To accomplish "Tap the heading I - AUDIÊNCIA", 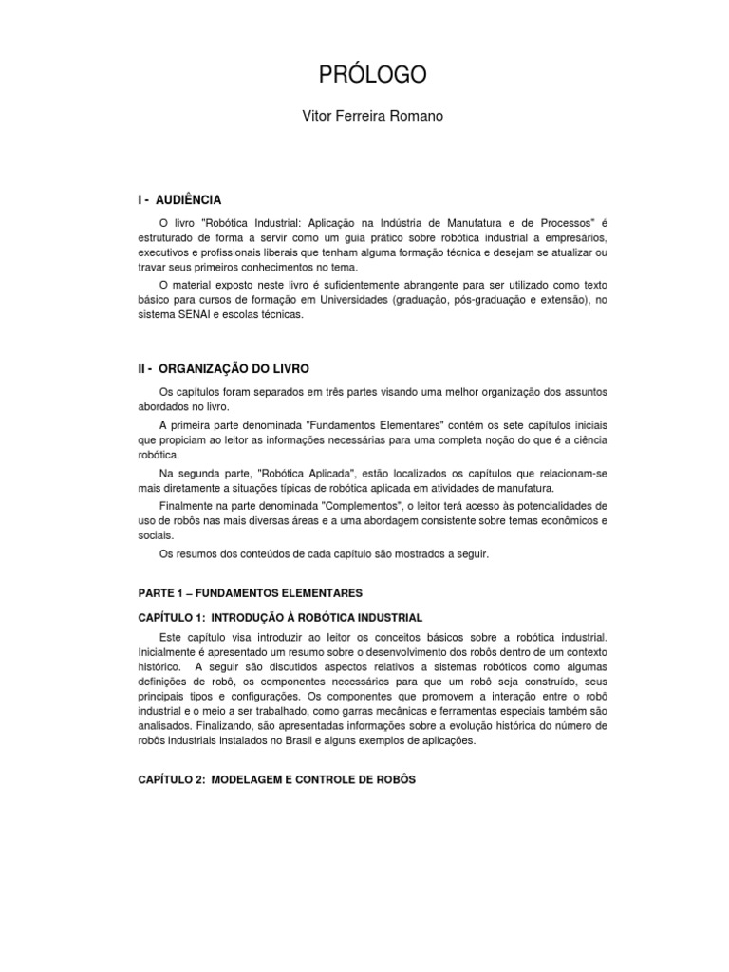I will [x=179, y=200].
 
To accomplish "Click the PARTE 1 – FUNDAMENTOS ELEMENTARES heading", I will [x=251, y=592].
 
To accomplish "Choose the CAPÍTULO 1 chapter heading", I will [x=280, y=617].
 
